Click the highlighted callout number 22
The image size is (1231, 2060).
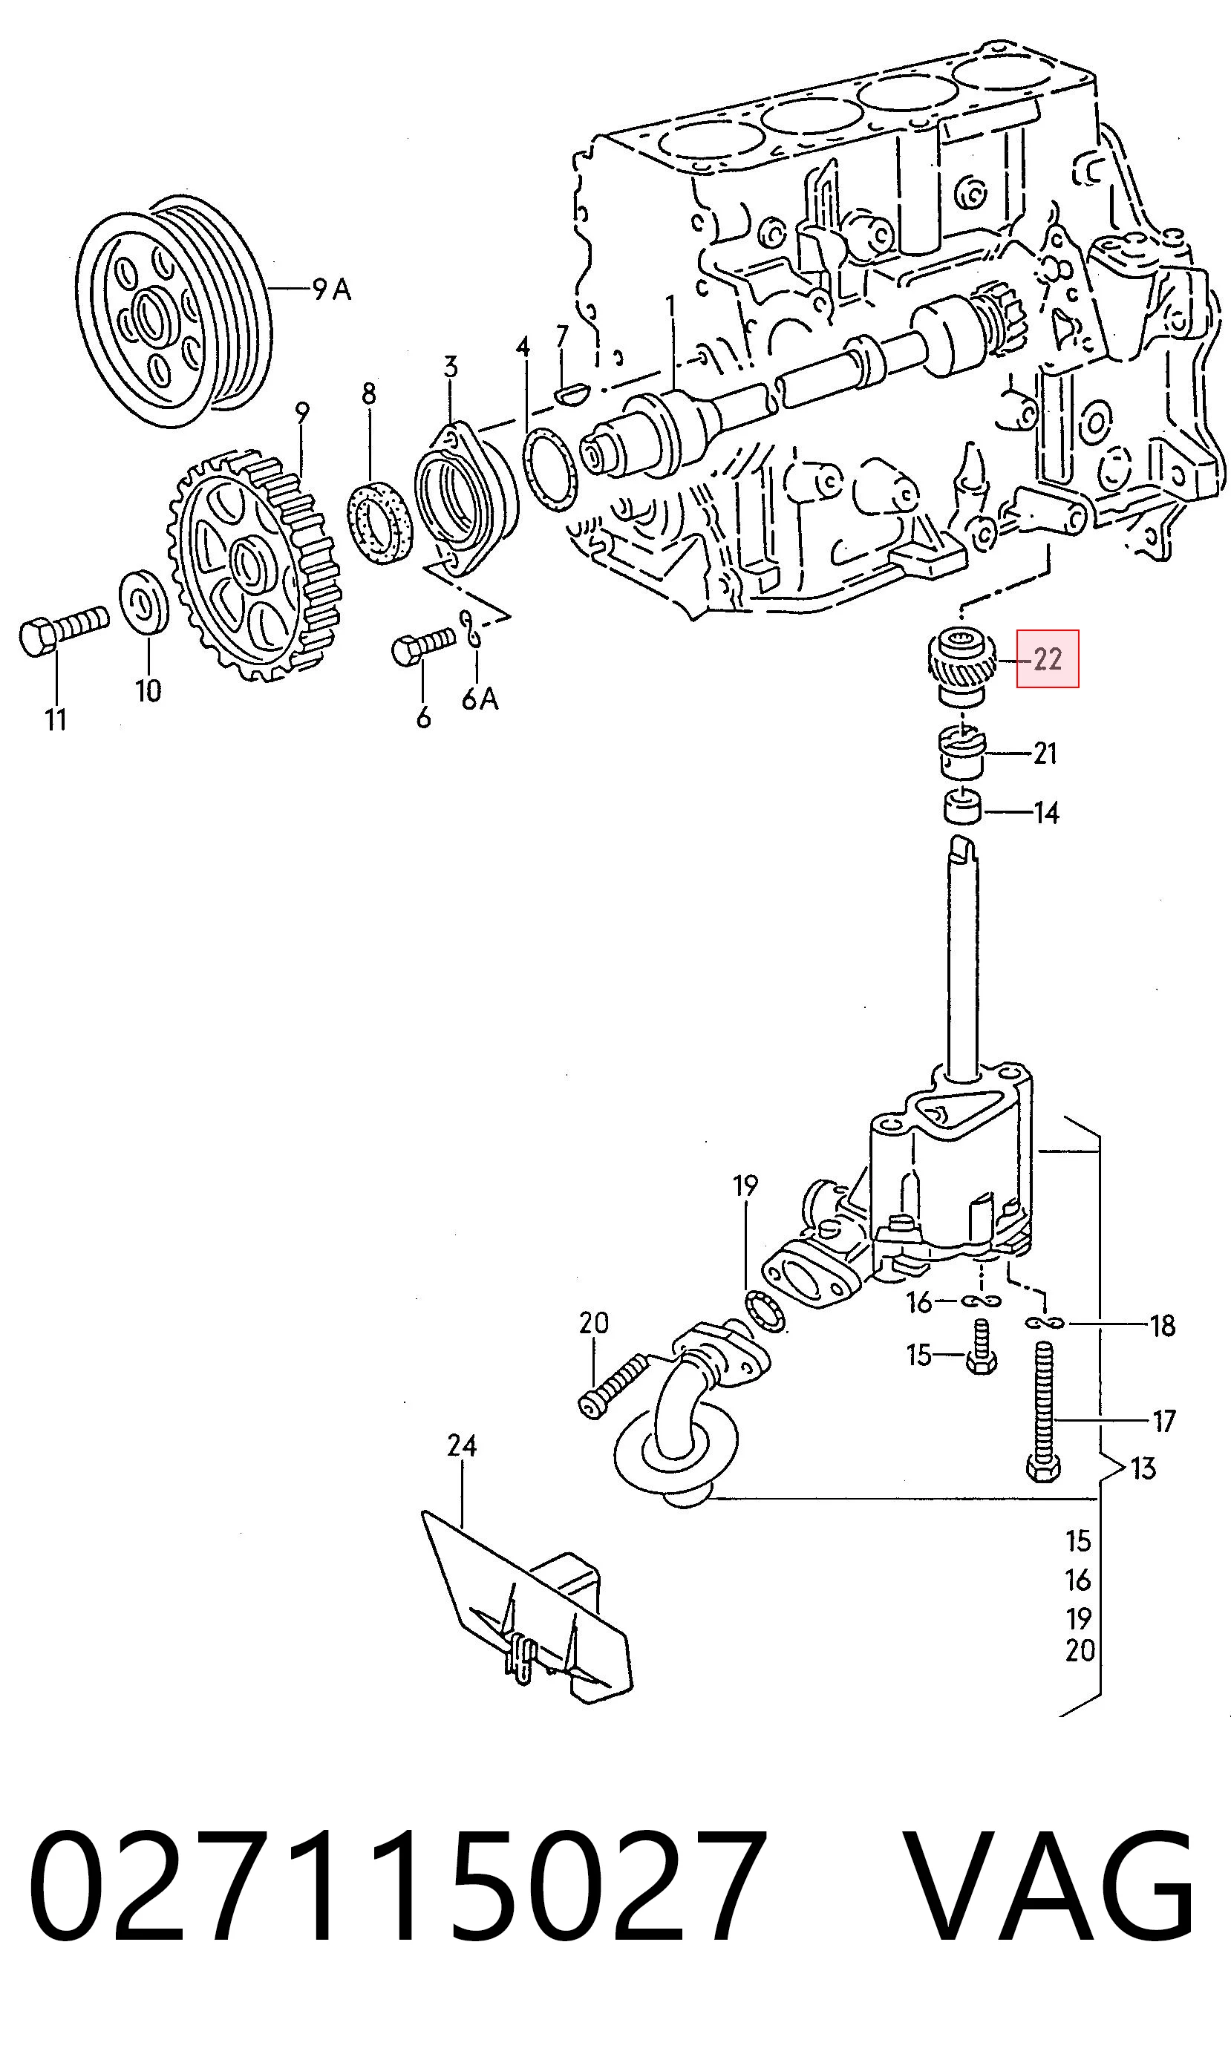click(x=1048, y=659)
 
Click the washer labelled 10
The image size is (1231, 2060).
click(x=144, y=600)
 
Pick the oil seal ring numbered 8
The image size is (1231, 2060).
click(x=380, y=519)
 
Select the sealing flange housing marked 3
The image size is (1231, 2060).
click(x=465, y=500)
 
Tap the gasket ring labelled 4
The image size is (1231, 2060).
click(x=550, y=468)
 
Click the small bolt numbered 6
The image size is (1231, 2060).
click(x=423, y=646)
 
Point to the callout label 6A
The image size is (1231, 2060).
click(x=480, y=699)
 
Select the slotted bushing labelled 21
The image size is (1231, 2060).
click(x=961, y=752)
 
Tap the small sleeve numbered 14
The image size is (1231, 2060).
click(x=962, y=807)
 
